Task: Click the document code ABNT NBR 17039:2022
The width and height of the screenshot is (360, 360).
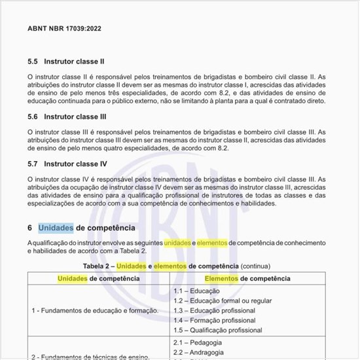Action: [64, 29]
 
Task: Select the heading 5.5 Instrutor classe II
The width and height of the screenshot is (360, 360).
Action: [66, 62]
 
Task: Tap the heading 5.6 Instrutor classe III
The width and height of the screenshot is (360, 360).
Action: [67, 117]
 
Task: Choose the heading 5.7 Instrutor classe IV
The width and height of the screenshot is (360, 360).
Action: [67, 163]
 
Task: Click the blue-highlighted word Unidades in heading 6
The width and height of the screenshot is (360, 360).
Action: [56, 228]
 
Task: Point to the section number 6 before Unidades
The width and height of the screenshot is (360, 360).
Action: [30, 228]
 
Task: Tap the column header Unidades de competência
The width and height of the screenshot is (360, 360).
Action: [98, 278]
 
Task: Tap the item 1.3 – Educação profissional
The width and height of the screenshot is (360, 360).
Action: [214, 310]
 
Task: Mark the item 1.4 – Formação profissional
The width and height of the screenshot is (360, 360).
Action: [214, 321]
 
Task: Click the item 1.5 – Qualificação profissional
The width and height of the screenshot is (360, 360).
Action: [218, 331]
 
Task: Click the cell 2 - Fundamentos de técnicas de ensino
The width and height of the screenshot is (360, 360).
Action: [91, 356]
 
